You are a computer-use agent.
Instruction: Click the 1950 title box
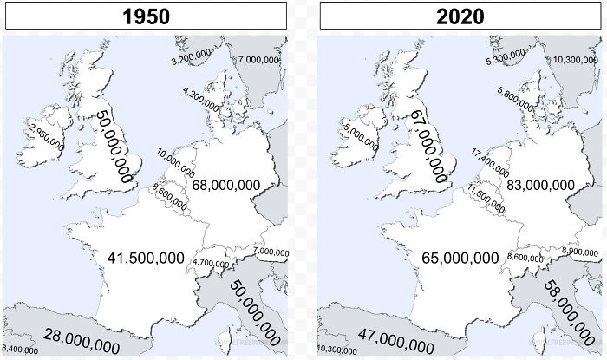click(145, 16)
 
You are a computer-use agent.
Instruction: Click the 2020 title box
click(461, 16)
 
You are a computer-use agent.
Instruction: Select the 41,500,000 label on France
click(146, 257)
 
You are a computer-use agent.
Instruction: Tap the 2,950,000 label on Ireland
click(46, 137)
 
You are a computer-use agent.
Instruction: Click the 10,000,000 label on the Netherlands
click(176, 161)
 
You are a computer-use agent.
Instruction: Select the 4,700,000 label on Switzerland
click(211, 263)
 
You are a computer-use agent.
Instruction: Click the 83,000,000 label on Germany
click(540, 185)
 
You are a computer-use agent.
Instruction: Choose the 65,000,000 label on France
click(460, 257)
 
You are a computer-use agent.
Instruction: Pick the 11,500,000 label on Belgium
click(485, 198)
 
